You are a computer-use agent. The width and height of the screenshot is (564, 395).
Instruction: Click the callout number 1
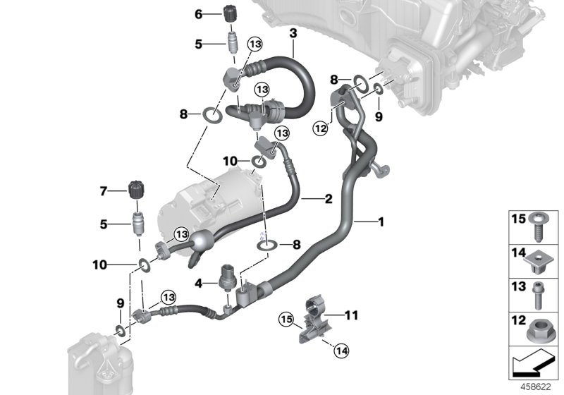click(x=381, y=222)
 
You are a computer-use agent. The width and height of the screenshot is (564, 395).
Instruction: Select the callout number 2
click(x=328, y=200)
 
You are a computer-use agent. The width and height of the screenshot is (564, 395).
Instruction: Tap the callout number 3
click(x=293, y=33)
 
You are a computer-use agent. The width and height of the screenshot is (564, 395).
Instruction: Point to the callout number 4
click(x=199, y=283)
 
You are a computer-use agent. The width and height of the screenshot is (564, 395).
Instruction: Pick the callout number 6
click(x=198, y=13)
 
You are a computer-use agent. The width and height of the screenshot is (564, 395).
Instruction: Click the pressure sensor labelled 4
click(x=227, y=278)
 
